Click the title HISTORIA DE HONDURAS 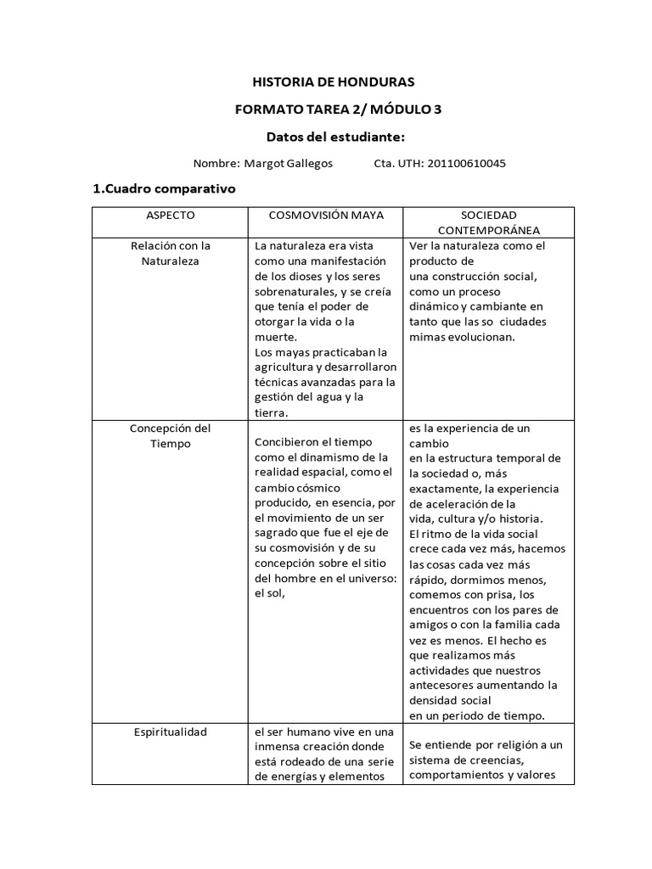point(333,82)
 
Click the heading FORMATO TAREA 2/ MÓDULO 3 point(337,109)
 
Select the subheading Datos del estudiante point(334,137)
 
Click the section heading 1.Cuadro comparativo point(163,188)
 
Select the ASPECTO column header point(170,216)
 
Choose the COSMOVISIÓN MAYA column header point(326,216)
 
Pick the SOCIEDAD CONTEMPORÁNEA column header point(488,222)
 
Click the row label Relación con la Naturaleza point(170,253)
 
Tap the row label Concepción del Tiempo point(170,435)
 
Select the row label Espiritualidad point(170,732)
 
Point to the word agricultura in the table point(288,367)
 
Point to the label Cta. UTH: point(397,163)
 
